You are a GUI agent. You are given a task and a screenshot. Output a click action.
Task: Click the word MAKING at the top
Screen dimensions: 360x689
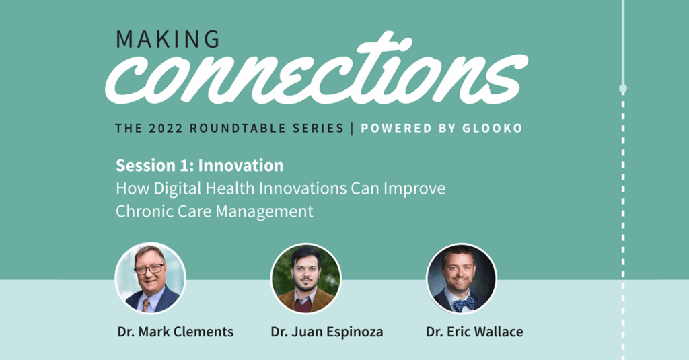(168, 39)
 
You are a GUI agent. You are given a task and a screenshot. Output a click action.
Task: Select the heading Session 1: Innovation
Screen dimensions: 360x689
(199, 166)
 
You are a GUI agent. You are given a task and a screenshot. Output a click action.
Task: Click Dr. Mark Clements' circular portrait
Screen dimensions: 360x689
(151, 278)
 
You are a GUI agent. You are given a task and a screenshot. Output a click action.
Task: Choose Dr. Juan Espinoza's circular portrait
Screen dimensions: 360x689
(306, 278)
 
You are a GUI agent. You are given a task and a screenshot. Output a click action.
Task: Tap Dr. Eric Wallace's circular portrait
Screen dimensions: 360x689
(462, 278)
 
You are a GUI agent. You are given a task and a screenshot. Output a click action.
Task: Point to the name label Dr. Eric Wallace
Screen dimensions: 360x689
(474, 332)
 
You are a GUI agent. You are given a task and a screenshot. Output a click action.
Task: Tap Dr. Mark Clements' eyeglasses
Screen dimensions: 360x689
(149, 268)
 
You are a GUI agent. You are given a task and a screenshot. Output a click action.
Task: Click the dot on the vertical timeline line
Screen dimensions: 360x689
(622, 89)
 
